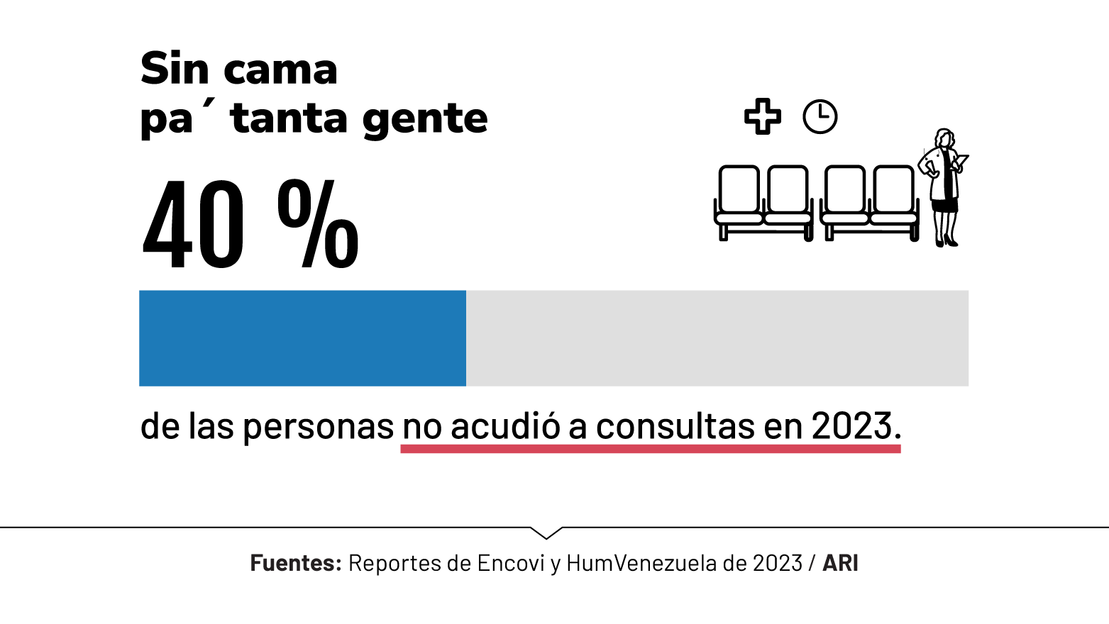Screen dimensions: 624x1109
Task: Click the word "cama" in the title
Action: pyautogui.click(x=280, y=70)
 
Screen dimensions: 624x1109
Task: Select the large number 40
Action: pyautogui.click(x=194, y=225)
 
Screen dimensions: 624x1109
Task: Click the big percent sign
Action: pyautogui.click(x=318, y=224)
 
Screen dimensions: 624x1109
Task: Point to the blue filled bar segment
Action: pyautogui.click(x=302, y=338)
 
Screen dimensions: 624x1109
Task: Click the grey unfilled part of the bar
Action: pyautogui.click(x=717, y=338)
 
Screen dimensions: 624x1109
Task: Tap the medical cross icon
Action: pyautogui.click(x=763, y=116)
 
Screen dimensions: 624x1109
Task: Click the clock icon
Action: pyautogui.click(x=820, y=116)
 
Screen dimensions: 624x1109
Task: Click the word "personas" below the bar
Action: pyautogui.click(x=318, y=427)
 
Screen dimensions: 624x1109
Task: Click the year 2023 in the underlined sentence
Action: pyautogui.click(x=851, y=426)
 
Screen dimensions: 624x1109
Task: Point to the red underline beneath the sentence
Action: pyautogui.click(x=650, y=449)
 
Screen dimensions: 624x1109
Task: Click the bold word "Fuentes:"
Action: pyautogui.click(x=296, y=563)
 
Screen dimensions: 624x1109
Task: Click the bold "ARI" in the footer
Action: pyautogui.click(x=840, y=563)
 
